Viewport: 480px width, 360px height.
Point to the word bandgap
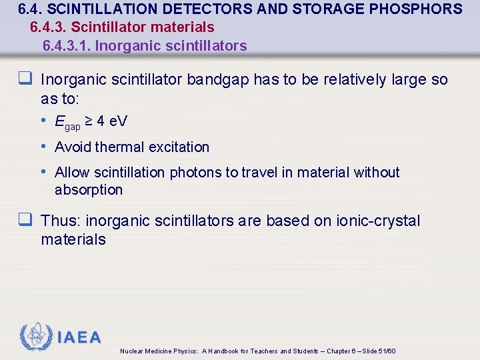point(219,80)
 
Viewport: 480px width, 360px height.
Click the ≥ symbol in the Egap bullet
point(88,121)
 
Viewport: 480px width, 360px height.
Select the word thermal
point(118,147)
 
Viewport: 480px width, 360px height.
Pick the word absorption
point(89,190)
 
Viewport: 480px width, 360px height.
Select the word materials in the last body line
point(73,239)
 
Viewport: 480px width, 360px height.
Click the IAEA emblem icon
point(36,337)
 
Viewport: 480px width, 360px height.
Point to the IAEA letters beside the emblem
point(79,337)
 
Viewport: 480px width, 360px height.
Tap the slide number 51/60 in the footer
point(387,351)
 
